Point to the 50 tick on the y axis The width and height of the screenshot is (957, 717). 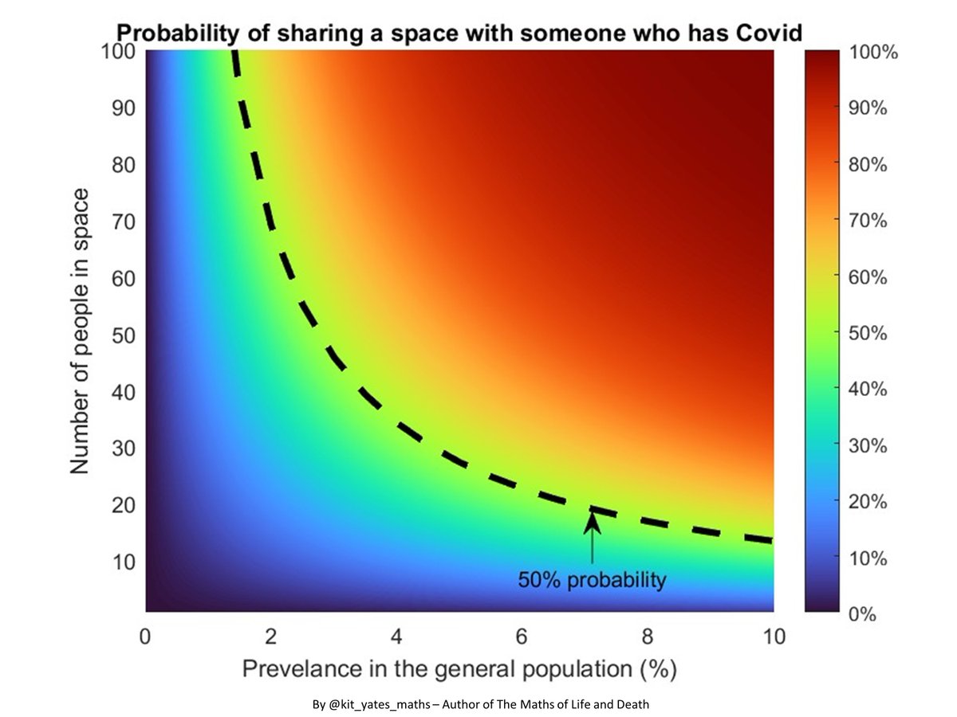124,335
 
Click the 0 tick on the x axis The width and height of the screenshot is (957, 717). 145,637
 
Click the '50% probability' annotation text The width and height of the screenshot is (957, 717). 591,580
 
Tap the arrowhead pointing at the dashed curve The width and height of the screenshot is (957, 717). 592,521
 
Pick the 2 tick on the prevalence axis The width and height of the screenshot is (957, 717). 271,637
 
